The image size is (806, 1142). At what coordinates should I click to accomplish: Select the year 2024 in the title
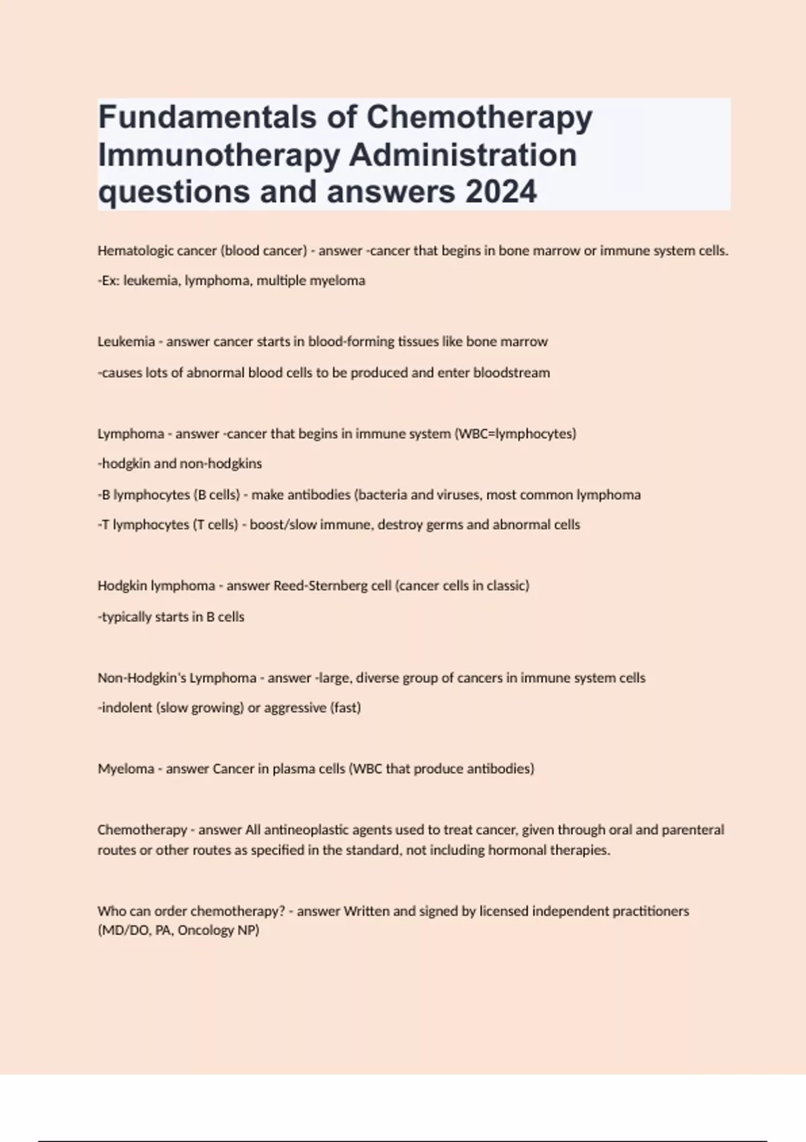pyautogui.click(x=501, y=191)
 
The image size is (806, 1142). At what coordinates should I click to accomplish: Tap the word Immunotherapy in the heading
pyautogui.click(x=219, y=155)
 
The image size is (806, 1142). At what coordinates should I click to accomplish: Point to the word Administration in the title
pyautogui.click(x=463, y=155)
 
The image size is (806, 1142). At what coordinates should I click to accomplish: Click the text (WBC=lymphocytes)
pyautogui.click(x=515, y=434)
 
